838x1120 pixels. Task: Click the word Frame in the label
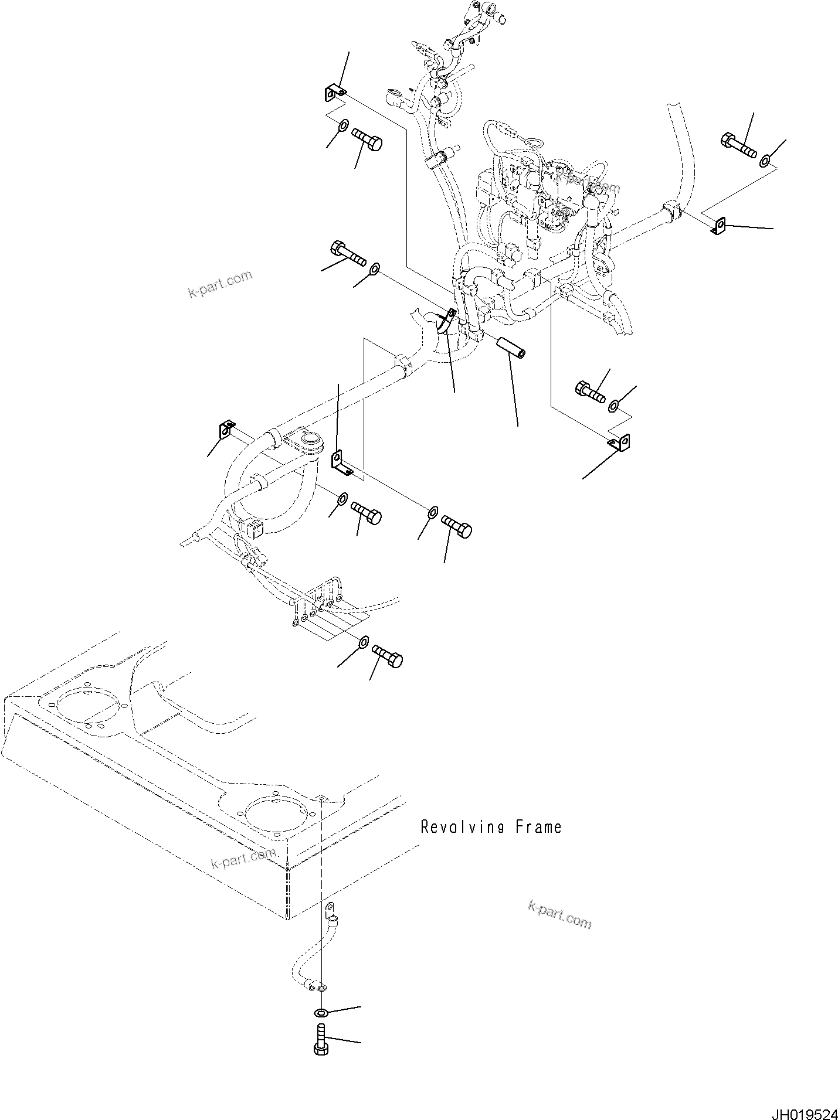pos(538,828)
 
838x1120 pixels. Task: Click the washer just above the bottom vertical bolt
pos(321,1013)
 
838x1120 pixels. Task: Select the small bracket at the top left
pos(334,93)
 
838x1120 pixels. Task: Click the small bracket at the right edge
pos(719,226)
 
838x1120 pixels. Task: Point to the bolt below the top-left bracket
pos(367,141)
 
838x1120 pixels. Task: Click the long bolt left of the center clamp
pos(348,254)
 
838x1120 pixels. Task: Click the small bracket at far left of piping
pos(227,429)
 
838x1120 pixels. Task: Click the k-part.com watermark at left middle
pos(220,283)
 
